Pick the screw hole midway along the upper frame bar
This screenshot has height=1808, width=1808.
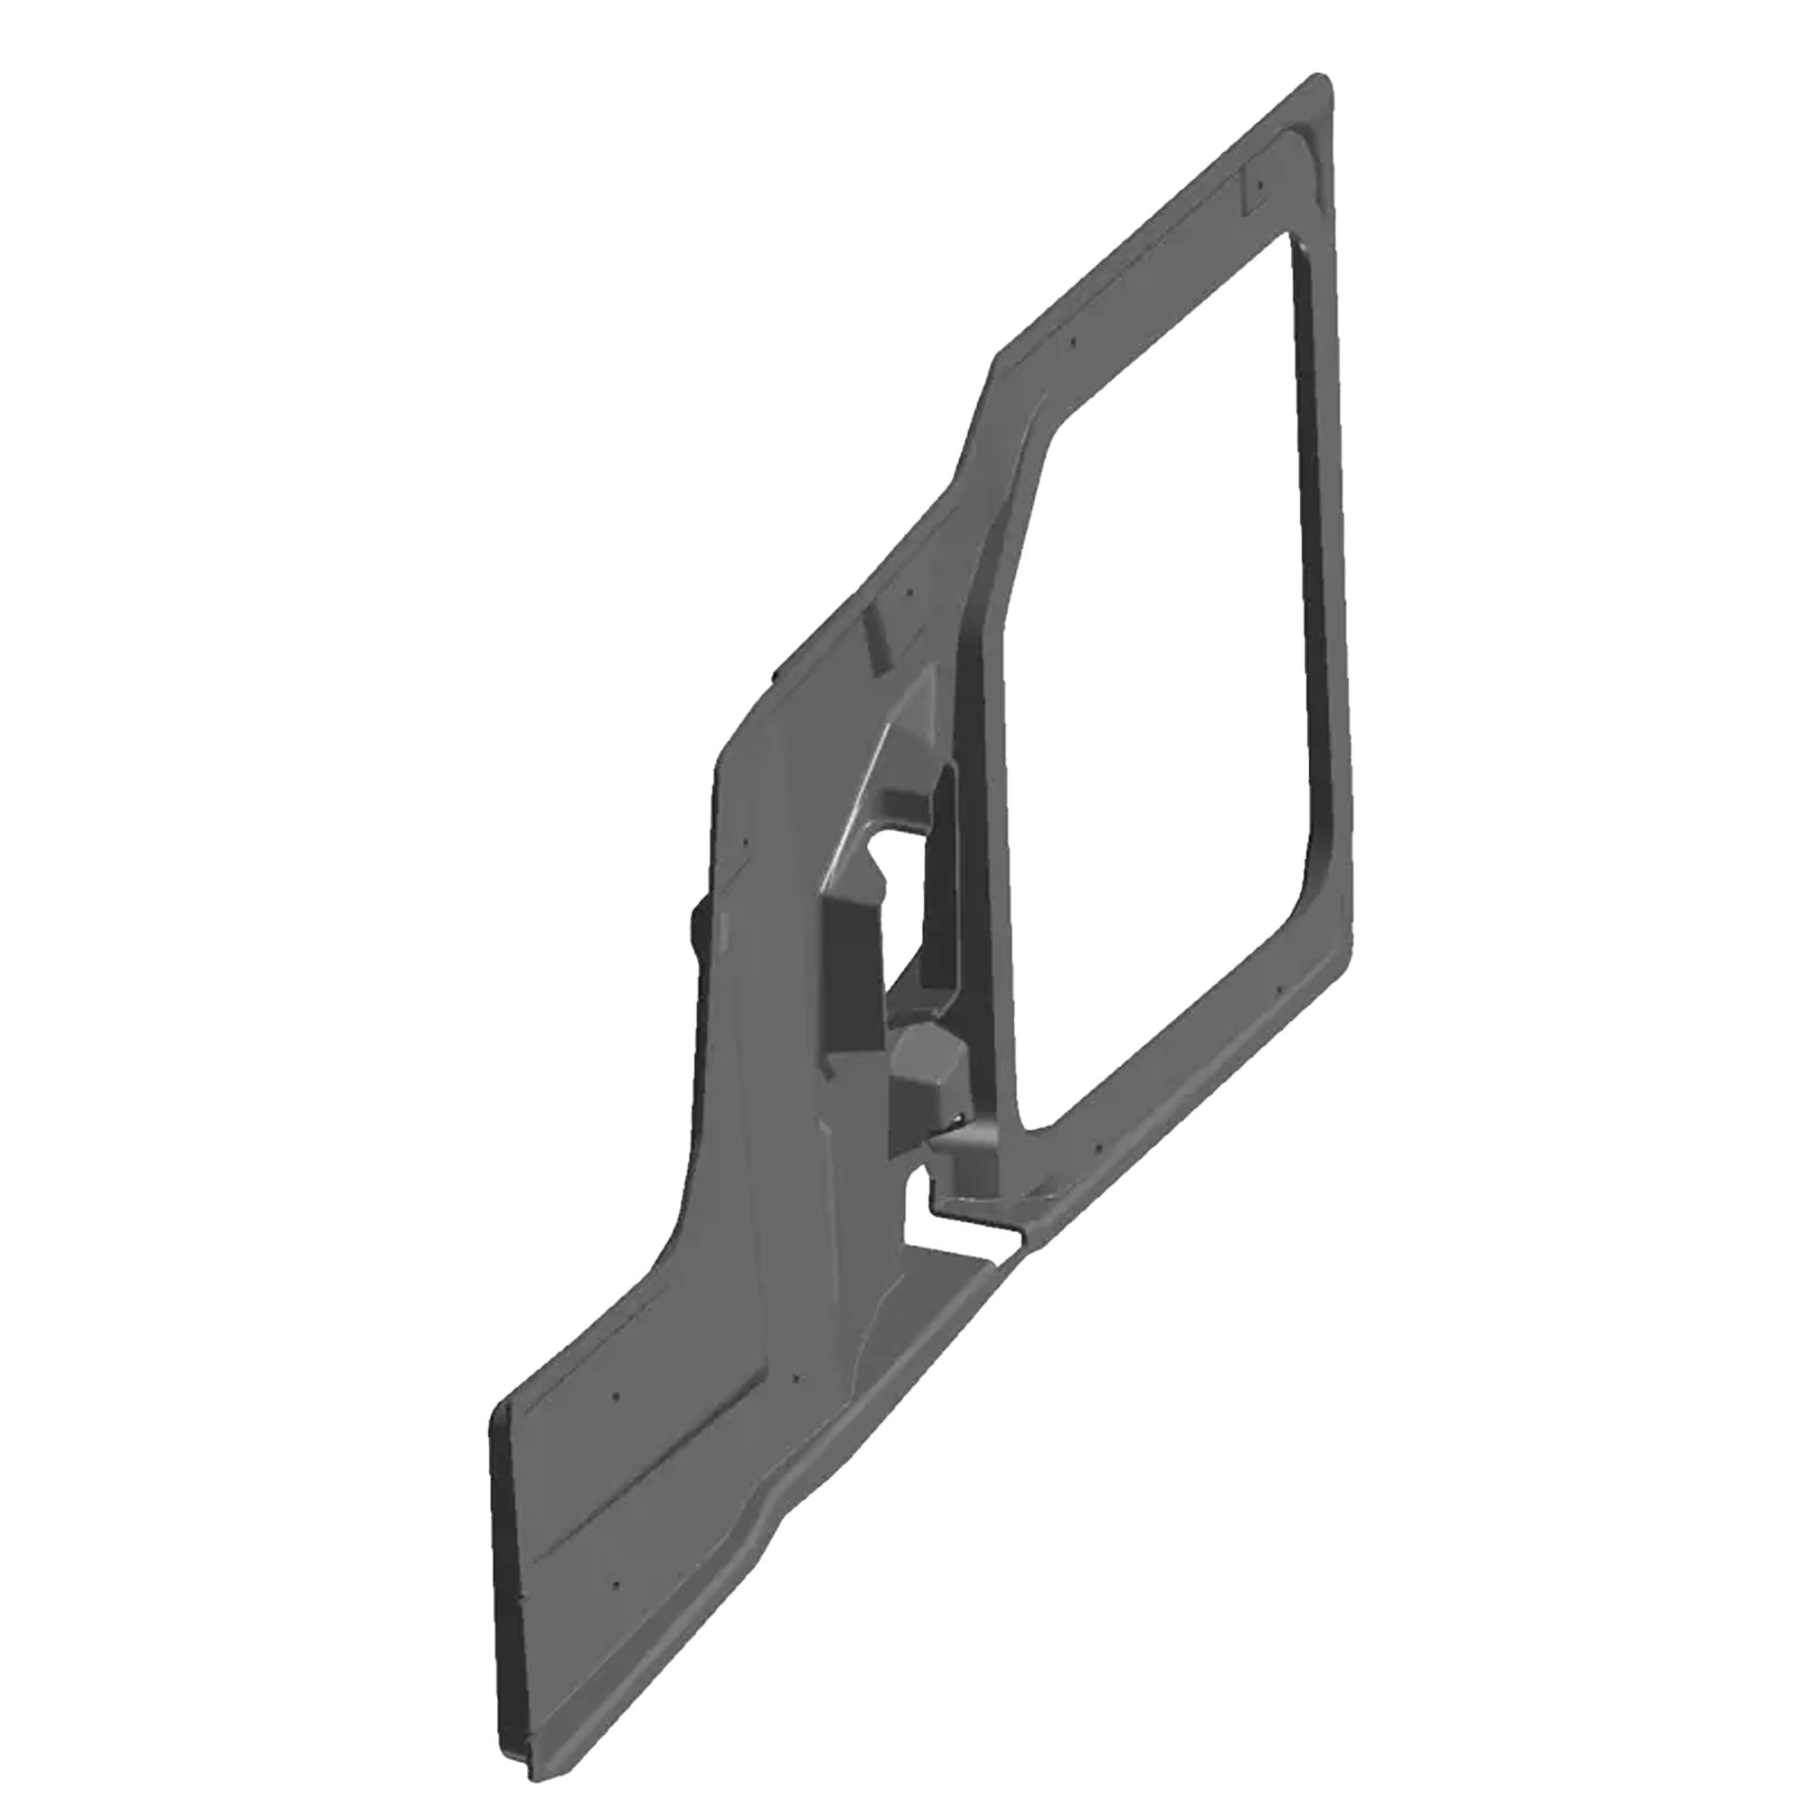[x=1074, y=343]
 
